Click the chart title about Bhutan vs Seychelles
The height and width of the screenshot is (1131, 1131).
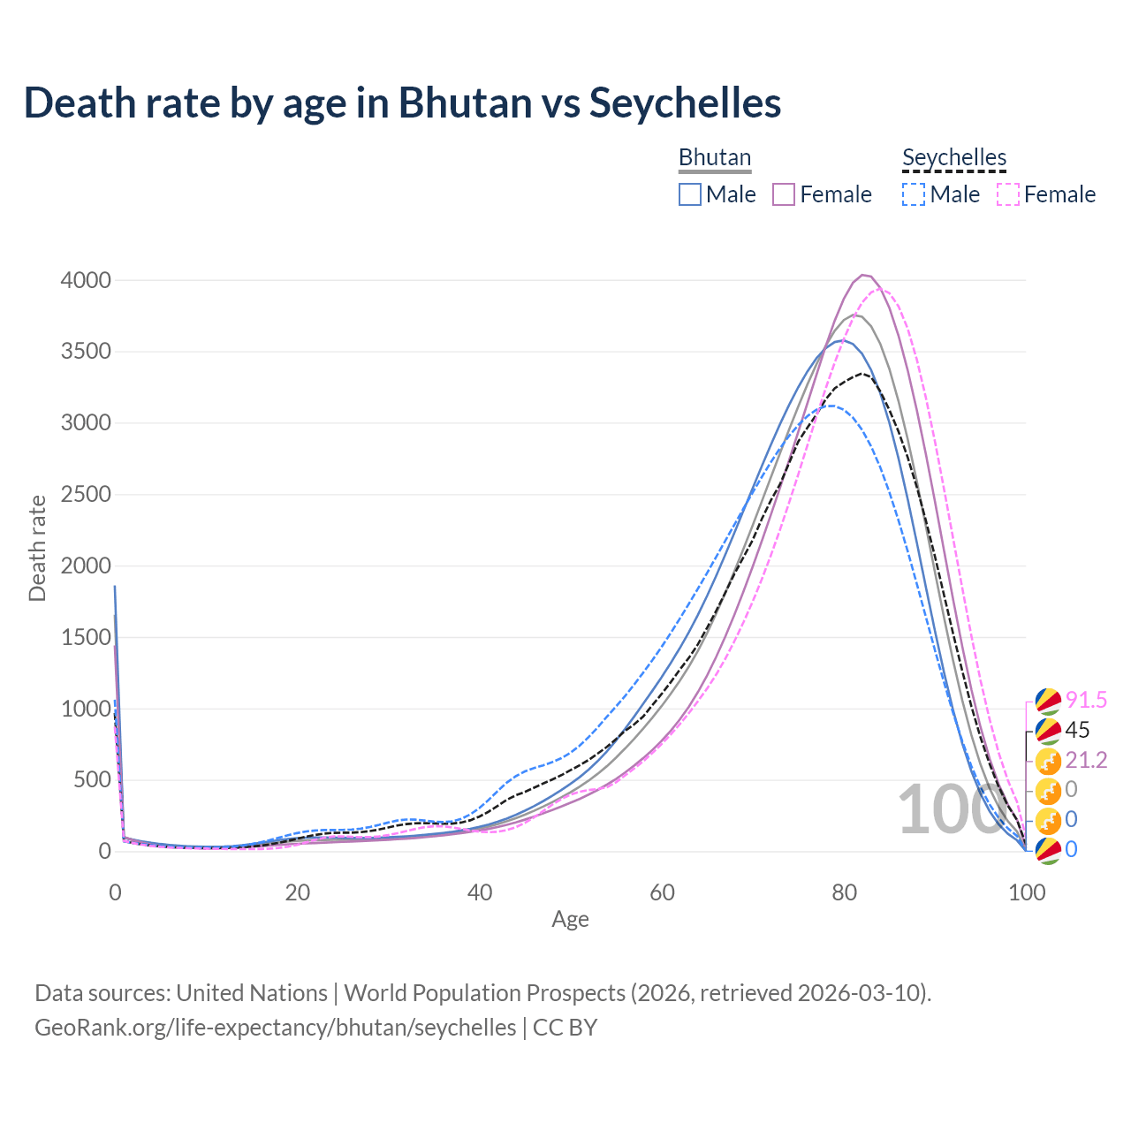click(x=402, y=102)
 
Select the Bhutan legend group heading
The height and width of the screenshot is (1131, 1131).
click(x=714, y=157)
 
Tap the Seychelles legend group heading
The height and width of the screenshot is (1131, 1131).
click(x=954, y=157)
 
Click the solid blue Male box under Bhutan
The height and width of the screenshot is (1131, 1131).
click(x=690, y=194)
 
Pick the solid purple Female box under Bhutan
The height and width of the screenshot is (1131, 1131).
click(x=785, y=194)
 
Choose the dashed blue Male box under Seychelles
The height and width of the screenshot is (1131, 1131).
click(x=914, y=194)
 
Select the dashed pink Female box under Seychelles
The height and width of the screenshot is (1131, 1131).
click(x=1008, y=194)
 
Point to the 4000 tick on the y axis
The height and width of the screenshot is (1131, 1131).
click(x=86, y=280)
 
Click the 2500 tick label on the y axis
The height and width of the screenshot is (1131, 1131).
click(x=86, y=495)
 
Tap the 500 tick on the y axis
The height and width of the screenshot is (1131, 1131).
click(x=92, y=780)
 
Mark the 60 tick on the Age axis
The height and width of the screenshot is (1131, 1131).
click(x=662, y=892)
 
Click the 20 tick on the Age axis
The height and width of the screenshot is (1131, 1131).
click(x=298, y=892)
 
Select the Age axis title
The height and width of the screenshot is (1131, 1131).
click(x=570, y=920)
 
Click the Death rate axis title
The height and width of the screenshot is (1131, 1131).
click(x=37, y=548)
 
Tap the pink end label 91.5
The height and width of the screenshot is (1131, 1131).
click(x=1086, y=701)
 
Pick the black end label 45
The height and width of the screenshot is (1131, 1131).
click(x=1077, y=730)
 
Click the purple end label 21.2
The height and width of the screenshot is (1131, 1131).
click(x=1086, y=760)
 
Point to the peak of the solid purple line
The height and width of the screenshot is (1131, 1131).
click(x=863, y=275)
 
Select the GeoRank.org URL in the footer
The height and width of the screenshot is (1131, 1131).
click(x=276, y=1028)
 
